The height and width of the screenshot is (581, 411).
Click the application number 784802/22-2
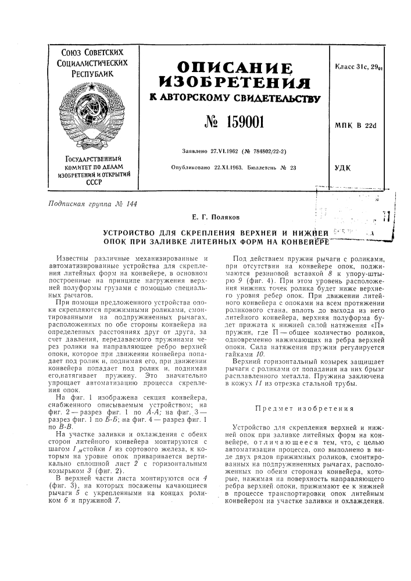(270, 152)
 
